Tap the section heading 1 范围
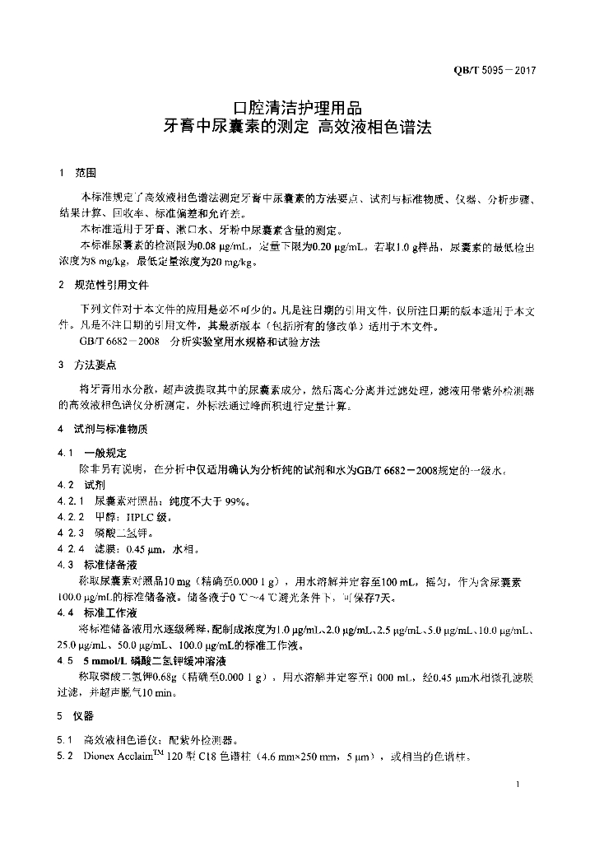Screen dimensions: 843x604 point(77,174)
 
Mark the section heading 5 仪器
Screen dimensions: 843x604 point(77,715)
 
